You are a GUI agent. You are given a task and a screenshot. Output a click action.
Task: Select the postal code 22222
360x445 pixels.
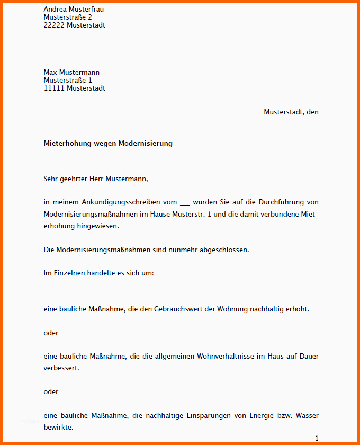coord(54,25)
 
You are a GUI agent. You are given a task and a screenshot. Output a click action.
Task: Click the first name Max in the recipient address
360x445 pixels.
coord(50,73)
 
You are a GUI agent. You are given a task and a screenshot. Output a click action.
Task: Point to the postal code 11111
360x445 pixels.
coord(54,88)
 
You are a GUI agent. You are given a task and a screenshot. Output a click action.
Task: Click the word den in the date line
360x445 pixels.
coord(312,112)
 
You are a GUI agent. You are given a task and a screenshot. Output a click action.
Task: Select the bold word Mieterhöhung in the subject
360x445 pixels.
coord(67,144)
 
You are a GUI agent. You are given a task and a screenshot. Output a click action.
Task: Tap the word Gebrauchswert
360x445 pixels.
coord(178,309)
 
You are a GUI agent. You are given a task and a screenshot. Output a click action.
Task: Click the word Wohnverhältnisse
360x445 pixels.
coord(226,357)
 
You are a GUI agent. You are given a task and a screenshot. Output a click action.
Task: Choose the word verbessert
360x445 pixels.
coord(61,368)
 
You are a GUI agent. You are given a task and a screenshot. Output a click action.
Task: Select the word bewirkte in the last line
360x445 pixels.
coord(58,426)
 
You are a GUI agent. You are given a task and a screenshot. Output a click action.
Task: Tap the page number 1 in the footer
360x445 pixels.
coord(317,439)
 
